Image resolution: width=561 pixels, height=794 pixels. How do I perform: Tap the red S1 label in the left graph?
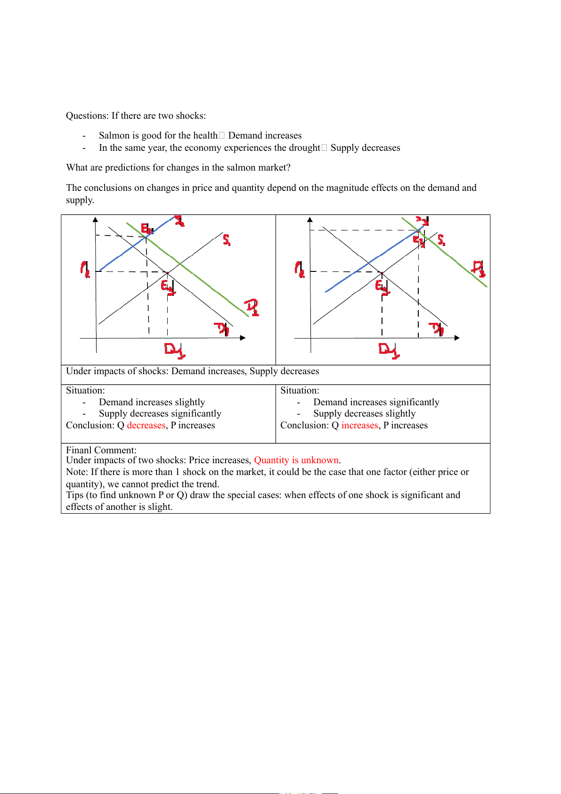[x=227, y=240]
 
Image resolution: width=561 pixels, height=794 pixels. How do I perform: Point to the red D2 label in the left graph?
[x=252, y=307]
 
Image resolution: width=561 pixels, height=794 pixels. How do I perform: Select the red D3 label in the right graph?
[x=479, y=269]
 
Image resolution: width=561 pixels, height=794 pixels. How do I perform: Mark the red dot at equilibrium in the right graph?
[x=382, y=272]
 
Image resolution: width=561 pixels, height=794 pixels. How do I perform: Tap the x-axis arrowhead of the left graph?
[x=243, y=338]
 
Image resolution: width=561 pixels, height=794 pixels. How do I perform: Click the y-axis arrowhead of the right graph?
[x=310, y=220]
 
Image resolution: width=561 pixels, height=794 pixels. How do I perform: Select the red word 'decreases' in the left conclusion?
[x=146, y=426]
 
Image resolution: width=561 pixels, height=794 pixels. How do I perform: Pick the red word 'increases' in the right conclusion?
[x=360, y=426]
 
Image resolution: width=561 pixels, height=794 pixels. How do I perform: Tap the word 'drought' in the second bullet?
[x=304, y=148]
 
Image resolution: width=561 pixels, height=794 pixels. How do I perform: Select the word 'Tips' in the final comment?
[x=74, y=495]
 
